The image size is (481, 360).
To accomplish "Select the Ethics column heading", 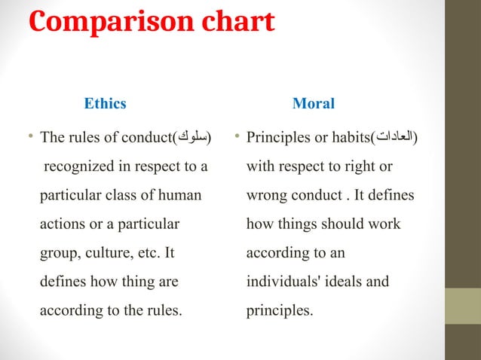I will pyautogui.click(x=105, y=104).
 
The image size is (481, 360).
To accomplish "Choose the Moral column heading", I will pyautogui.click(x=313, y=104).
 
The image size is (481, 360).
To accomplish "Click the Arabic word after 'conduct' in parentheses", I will pyautogui.click(x=192, y=138).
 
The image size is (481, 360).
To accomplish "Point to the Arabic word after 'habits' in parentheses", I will pyautogui.click(x=396, y=138).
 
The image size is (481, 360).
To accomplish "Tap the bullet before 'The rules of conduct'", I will pyautogui.click(x=30, y=137).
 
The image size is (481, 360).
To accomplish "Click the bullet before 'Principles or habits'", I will pyautogui.click(x=237, y=137).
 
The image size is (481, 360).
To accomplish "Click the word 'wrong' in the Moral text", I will pyautogui.click(x=265, y=195).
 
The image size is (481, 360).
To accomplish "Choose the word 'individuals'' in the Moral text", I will pyautogui.click(x=280, y=282).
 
